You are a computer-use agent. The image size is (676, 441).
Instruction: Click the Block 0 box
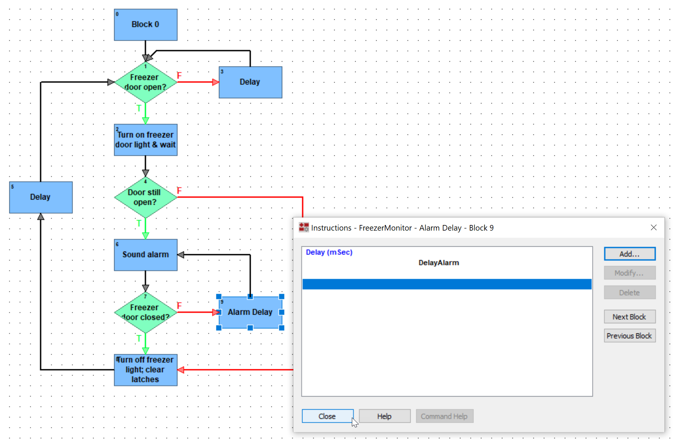click(x=146, y=25)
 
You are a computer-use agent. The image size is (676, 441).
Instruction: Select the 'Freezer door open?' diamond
click(x=146, y=82)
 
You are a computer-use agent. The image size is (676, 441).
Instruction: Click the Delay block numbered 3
click(x=250, y=82)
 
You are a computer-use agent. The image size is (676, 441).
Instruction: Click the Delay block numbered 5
click(x=41, y=197)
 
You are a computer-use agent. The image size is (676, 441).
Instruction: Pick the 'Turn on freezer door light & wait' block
click(x=146, y=140)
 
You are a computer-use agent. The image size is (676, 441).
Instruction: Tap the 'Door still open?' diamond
click(x=146, y=197)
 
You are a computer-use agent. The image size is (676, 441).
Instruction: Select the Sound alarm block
click(x=146, y=255)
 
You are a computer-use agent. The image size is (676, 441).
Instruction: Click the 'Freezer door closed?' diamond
click(x=146, y=312)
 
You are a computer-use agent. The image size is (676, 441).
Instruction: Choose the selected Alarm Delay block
click(x=250, y=312)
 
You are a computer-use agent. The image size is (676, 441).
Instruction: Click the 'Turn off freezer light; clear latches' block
click(x=146, y=370)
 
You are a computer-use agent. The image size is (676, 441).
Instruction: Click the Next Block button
click(x=629, y=317)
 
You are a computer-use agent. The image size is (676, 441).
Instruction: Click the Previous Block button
click(x=629, y=336)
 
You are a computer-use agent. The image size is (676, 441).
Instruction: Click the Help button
click(x=384, y=416)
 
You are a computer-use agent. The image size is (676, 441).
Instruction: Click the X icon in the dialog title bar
click(x=654, y=228)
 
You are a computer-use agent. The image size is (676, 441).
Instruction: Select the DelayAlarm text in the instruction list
click(x=439, y=263)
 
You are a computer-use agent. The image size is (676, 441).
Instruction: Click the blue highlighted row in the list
click(x=447, y=284)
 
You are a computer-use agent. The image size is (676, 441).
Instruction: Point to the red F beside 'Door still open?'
click(x=179, y=191)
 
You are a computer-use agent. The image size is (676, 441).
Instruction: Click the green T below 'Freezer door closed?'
click(x=139, y=339)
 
